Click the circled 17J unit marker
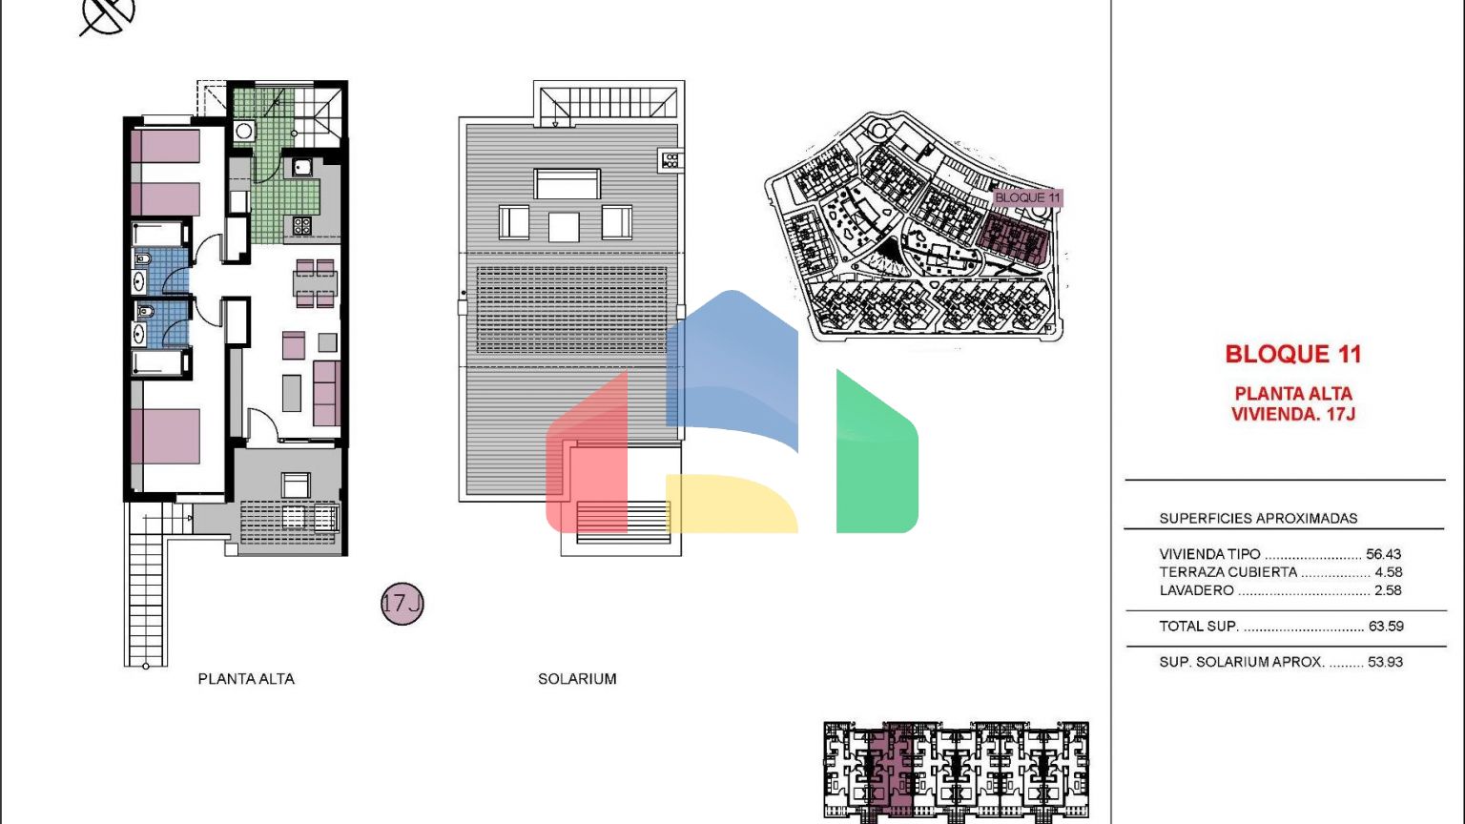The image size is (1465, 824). pos(402,604)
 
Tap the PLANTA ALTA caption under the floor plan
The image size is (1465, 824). pos(246,679)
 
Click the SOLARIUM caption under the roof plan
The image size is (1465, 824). pos(577,679)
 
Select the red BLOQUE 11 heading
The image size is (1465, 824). pos(1293,354)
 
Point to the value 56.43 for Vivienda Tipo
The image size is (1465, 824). pos(1383,554)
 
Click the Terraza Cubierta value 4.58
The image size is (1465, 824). pos(1389,571)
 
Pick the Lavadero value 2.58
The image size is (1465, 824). pos(1388,590)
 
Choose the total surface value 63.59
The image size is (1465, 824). pos(1386,626)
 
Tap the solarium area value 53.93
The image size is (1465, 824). pos(1385,662)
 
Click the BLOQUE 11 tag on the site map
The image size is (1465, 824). pos(1027,197)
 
